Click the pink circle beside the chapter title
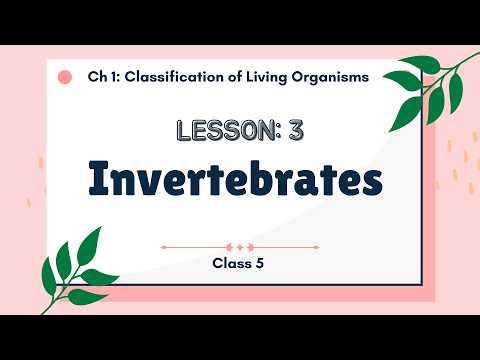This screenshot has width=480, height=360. [65, 76]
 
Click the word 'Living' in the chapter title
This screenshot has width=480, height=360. [266, 76]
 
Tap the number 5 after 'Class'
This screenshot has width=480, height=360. [263, 265]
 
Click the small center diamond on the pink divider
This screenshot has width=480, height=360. [240, 245]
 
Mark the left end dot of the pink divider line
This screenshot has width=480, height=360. [163, 245]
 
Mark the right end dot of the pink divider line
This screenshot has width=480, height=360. [318, 245]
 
